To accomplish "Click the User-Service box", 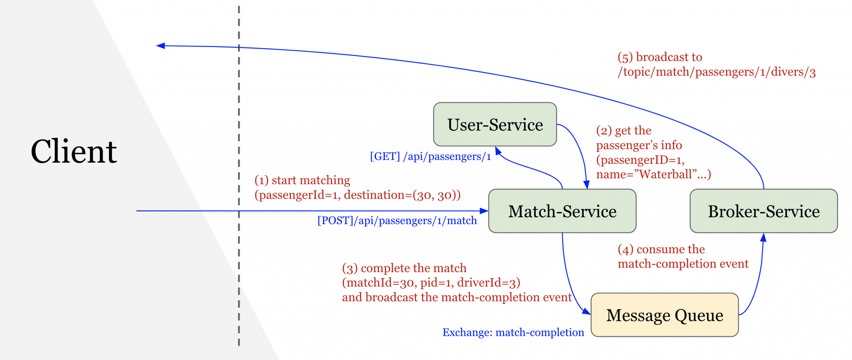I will coord(495,124).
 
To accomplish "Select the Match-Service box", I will coord(562,211).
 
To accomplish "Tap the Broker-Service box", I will coord(763,211).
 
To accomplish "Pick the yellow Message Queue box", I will coord(664,315).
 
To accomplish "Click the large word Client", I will coord(74,151).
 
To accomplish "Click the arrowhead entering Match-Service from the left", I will coord(484,211).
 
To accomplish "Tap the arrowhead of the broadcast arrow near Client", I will coord(161,46).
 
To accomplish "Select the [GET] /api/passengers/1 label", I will coord(430,156).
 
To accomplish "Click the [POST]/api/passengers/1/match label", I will coord(397,221).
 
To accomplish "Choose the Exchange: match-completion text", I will coord(513,333).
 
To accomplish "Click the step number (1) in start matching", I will coord(261,180).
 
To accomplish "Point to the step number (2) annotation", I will coord(604,131).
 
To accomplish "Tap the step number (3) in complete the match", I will coord(349,268).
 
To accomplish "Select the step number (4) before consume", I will coord(625,249).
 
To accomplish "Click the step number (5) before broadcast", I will coord(625,57).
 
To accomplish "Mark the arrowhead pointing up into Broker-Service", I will coord(763,238).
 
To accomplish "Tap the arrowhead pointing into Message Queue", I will coord(586,311).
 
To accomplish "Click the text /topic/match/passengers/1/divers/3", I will coord(716,72).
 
